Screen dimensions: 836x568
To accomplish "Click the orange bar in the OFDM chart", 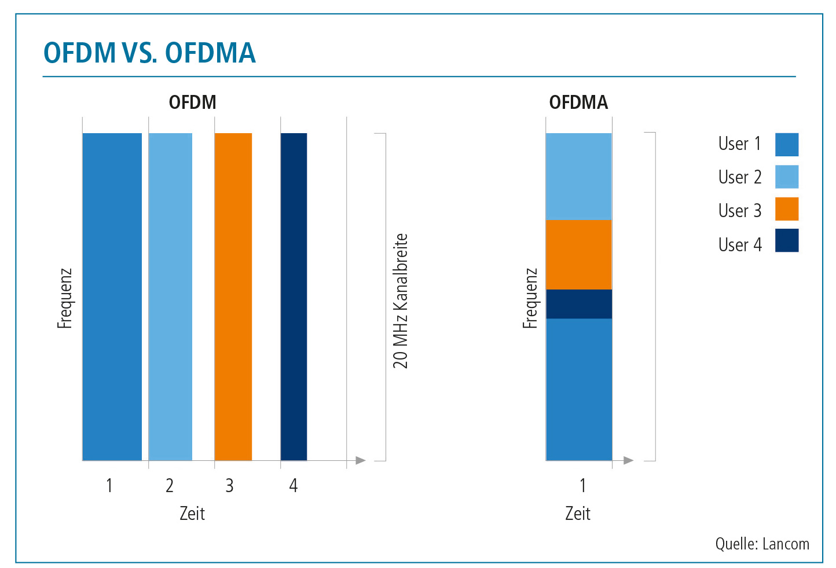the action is [x=233, y=296].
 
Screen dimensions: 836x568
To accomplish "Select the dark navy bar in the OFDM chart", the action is [x=294, y=296].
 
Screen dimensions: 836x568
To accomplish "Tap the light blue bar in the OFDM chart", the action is [x=171, y=296].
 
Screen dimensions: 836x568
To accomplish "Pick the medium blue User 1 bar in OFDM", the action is [x=112, y=296].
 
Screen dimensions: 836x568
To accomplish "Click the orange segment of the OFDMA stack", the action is [x=579, y=255].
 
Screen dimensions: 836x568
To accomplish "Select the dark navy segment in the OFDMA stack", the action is [x=579, y=304].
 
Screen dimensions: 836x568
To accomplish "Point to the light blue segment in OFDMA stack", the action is [x=579, y=177].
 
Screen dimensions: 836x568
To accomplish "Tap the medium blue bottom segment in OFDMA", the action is [x=579, y=389].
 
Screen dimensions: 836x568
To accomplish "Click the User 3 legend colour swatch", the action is [x=787, y=209].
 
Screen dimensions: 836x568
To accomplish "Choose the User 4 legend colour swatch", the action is [x=787, y=240].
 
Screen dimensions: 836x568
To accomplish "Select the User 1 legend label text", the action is [x=740, y=144].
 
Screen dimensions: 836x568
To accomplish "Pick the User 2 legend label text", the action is [x=740, y=177].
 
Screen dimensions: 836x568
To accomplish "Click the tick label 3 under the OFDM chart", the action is [x=229, y=486].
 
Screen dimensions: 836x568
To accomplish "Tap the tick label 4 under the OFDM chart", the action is [x=294, y=486].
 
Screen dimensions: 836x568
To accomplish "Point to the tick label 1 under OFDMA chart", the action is [x=582, y=486].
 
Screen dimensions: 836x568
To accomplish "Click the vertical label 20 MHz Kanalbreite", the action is [x=401, y=301].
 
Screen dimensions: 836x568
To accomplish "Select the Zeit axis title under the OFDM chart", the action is [x=192, y=514].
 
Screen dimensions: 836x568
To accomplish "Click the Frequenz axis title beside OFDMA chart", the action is [x=530, y=298].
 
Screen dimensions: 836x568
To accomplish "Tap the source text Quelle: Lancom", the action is [x=762, y=544].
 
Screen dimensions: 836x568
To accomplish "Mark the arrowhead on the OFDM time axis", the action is [x=361, y=460].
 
